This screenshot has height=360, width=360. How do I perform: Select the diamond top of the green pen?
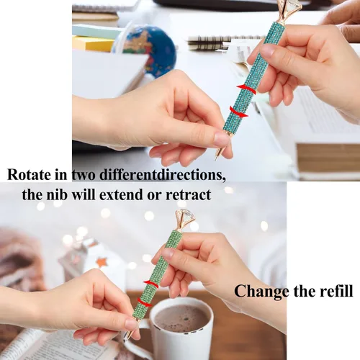(183, 220)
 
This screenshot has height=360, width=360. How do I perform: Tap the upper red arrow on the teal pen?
(246, 89)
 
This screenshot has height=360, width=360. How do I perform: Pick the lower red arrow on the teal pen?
(238, 112)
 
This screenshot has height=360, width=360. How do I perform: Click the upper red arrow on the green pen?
(151, 284)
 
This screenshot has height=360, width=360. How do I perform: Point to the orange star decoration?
(102, 262)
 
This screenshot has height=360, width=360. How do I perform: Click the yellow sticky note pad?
(93, 43)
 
